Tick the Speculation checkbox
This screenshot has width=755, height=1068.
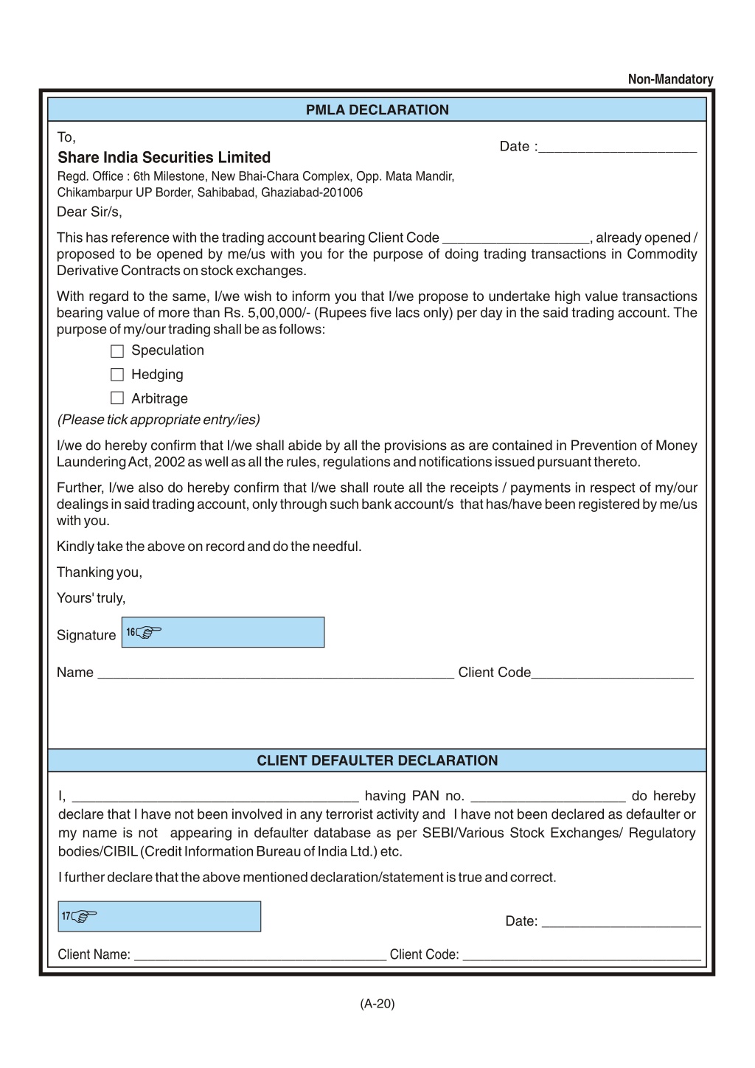click(x=117, y=351)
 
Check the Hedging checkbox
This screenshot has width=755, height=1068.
click(x=117, y=375)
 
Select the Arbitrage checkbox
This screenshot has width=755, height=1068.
click(x=117, y=398)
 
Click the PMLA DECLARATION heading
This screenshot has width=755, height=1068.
click(x=377, y=110)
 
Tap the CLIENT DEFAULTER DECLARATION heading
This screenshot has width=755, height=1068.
click(x=377, y=760)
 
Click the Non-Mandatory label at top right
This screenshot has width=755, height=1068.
click(x=670, y=79)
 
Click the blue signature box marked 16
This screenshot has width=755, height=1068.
click(x=223, y=633)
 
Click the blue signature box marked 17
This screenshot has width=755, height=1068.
click(x=159, y=916)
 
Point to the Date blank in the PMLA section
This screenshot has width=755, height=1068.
click(x=617, y=147)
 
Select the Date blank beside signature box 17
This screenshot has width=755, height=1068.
click(x=621, y=921)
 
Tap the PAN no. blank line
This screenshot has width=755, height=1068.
click(x=548, y=796)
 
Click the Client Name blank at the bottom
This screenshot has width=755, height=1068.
click(x=260, y=954)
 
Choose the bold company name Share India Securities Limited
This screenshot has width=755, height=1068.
click(x=164, y=157)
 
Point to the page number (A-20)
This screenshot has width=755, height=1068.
click(x=377, y=1003)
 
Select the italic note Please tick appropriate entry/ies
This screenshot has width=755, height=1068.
click(x=159, y=420)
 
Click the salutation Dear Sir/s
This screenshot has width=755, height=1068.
click(x=89, y=212)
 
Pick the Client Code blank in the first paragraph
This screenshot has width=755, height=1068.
click(x=515, y=237)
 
